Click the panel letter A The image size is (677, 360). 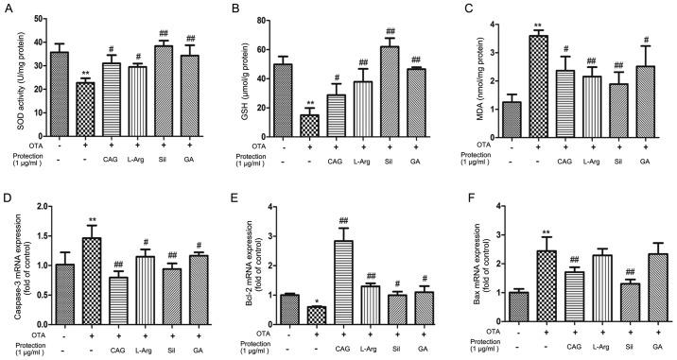pyautogui.click(x=7, y=8)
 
